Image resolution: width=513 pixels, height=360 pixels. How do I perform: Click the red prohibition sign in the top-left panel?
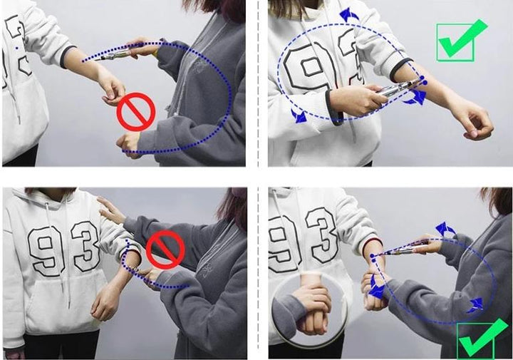[136, 112]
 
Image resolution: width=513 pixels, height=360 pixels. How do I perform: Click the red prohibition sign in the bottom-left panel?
[165, 250]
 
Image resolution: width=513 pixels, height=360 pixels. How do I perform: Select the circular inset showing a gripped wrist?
[310, 309]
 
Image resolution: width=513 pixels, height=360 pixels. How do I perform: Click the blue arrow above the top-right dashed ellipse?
[348, 16]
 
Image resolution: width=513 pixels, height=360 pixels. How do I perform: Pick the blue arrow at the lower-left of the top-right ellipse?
[299, 116]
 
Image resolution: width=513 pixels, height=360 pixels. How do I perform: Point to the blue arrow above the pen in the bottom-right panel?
[445, 229]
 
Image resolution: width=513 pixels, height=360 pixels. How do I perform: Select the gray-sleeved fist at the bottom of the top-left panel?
[129, 144]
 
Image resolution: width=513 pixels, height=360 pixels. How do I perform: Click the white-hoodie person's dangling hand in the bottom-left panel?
[104, 304]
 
